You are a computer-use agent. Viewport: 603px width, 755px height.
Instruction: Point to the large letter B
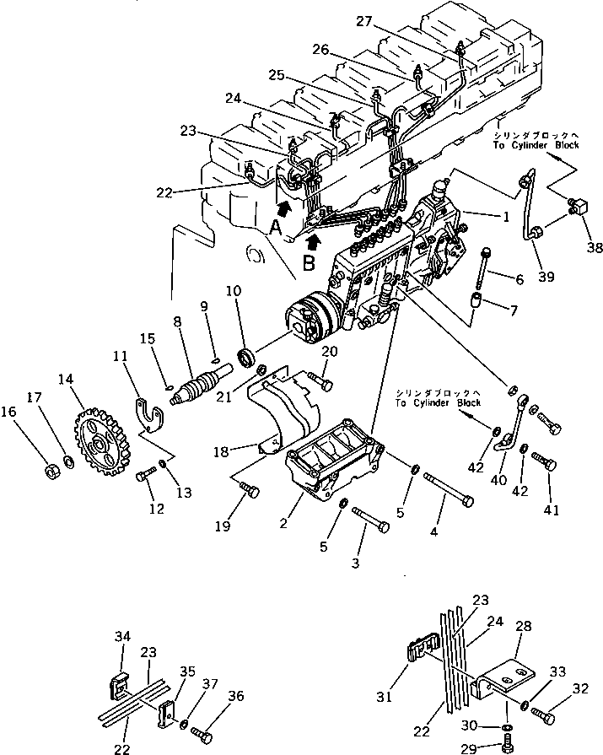click(309, 262)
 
